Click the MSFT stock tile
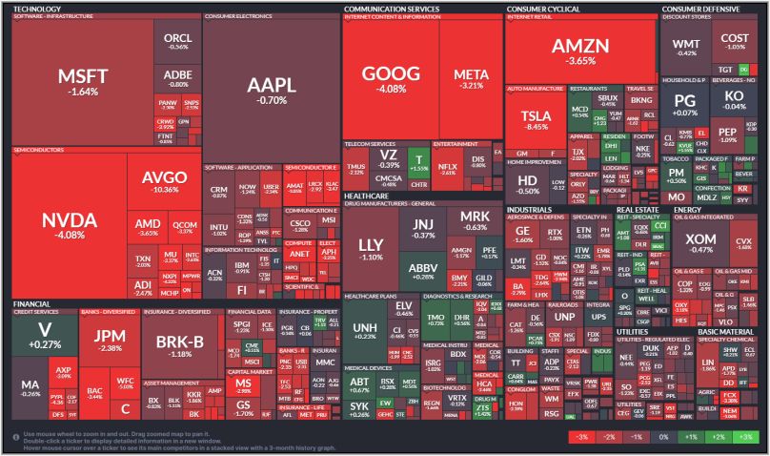click(84, 82)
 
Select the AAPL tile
click(272, 88)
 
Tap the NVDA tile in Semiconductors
click(70, 225)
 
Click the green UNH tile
click(365, 331)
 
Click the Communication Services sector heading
click(391, 9)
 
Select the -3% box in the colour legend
click(578, 436)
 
